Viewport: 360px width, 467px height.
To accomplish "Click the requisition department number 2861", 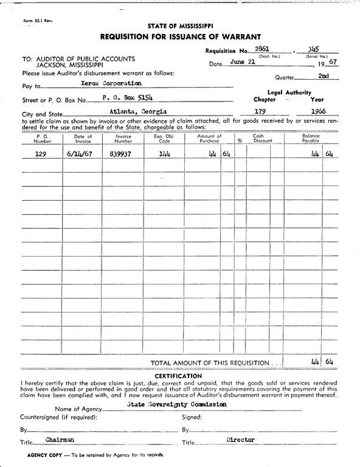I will click(x=263, y=49).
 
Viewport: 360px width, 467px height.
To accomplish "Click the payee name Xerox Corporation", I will click(x=111, y=83).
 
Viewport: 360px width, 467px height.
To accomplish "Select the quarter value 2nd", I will click(x=324, y=76).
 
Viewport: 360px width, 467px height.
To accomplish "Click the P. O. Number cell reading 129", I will click(x=40, y=154).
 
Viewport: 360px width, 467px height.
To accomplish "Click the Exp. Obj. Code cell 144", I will click(x=164, y=154).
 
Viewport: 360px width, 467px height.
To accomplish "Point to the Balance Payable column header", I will click(x=311, y=138).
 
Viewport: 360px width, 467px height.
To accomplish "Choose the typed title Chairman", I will click(x=60, y=439).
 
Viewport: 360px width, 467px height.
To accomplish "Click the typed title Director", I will click(x=240, y=439).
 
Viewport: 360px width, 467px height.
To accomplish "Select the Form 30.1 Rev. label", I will click(x=38, y=21).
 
